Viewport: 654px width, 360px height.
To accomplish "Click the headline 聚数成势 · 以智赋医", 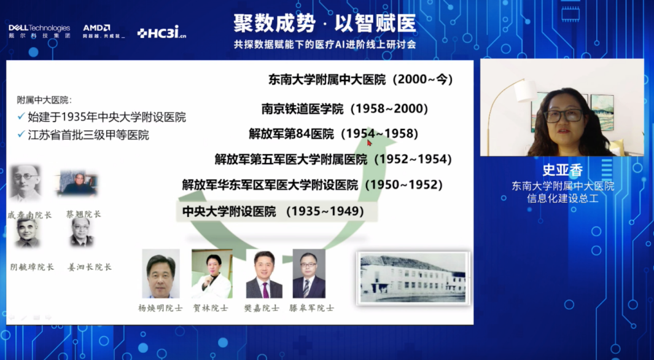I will [x=324, y=23].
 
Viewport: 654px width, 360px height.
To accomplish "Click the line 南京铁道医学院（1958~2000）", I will [x=345, y=109].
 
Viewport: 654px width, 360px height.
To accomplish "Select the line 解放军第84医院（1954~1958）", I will [x=333, y=133].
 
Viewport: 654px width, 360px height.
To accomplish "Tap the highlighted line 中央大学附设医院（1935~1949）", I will [x=273, y=211].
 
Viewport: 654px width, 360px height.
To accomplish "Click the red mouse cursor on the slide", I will [x=370, y=143].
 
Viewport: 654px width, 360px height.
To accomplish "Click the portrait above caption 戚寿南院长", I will [x=26, y=183].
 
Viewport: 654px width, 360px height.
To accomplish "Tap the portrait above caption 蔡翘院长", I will [x=77, y=184].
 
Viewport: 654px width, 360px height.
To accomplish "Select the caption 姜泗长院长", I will [x=90, y=267].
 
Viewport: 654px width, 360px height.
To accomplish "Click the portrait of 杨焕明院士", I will [x=161, y=274].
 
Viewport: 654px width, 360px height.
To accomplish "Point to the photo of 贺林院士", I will [x=212, y=274].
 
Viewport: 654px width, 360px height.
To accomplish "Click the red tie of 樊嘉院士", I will [x=265, y=289].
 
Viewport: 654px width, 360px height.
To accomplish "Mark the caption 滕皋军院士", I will [x=311, y=307].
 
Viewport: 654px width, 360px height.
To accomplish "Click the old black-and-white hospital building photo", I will [x=413, y=278].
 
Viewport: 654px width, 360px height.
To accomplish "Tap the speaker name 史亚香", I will [x=562, y=170].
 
